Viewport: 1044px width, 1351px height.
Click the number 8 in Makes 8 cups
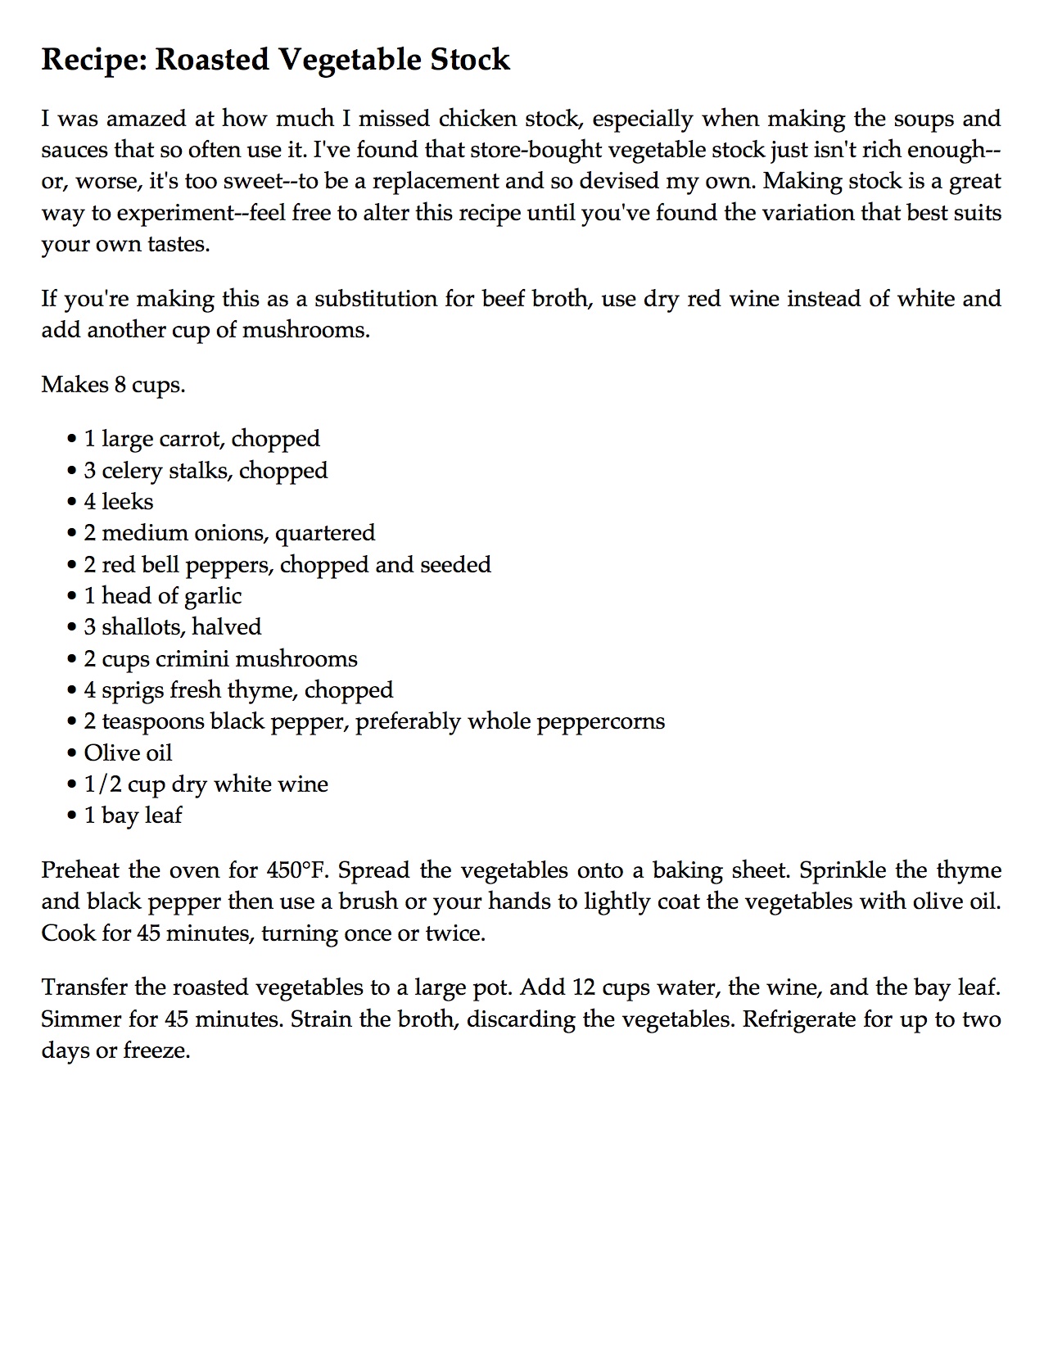coord(120,385)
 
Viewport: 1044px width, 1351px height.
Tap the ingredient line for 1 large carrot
coord(201,440)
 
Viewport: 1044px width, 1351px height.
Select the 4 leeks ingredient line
coord(119,502)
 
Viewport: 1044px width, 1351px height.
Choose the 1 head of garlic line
coord(162,596)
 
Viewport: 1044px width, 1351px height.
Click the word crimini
coord(197,659)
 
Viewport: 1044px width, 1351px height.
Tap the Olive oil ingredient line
coord(128,753)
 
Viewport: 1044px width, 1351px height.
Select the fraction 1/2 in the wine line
coord(102,784)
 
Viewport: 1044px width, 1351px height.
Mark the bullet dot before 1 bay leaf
coord(72,816)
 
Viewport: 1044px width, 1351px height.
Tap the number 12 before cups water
coord(582,987)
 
